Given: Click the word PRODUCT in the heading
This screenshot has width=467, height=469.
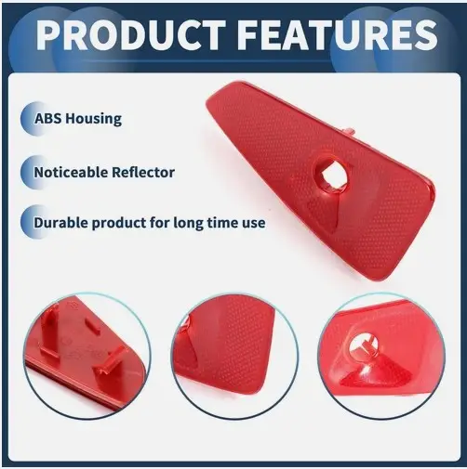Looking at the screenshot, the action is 131,34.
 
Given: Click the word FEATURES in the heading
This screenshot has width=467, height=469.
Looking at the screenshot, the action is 339,34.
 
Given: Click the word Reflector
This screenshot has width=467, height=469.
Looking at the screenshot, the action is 143,172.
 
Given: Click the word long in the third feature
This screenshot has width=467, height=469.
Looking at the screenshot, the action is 188,224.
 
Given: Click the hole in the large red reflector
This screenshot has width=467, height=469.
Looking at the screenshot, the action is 331,173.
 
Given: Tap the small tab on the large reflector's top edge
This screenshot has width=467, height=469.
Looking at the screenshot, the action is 350,131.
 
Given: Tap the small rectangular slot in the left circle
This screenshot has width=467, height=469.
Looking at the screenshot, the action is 92,326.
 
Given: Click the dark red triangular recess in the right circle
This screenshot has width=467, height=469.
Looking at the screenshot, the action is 376,373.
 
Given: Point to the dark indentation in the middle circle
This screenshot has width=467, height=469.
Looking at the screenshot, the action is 187,344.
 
